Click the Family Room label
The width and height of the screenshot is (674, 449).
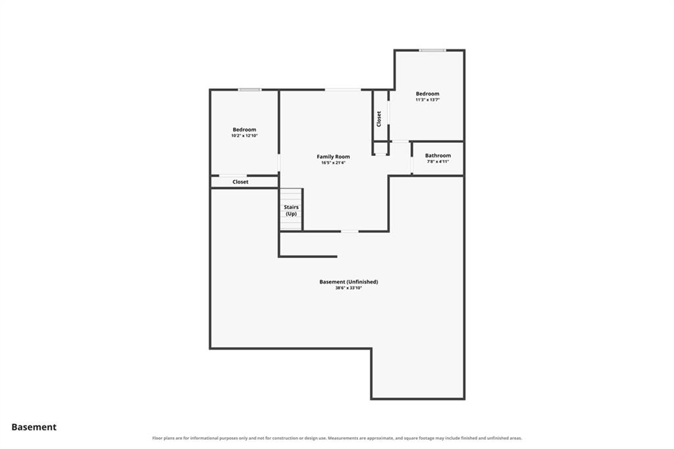point(333,157)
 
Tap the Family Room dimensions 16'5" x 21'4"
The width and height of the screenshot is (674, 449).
point(333,163)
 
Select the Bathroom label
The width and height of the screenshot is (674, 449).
point(438,155)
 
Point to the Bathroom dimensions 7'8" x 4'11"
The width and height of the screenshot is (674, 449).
point(438,162)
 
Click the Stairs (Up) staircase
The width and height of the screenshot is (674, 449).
point(291,210)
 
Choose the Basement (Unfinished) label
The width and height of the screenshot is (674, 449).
point(349,282)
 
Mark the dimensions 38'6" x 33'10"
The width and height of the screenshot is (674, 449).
point(349,288)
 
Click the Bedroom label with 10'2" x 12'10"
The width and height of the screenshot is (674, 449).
point(244,130)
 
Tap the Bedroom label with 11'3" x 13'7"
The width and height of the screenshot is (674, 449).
point(428,93)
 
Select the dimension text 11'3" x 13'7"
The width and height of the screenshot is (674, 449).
point(428,100)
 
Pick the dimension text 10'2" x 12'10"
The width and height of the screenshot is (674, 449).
point(244,136)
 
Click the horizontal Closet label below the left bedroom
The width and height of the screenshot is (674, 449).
point(240,182)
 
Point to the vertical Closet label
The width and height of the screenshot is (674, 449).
point(378,119)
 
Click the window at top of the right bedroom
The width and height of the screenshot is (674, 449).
point(432,50)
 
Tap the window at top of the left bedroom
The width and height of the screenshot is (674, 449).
point(249,90)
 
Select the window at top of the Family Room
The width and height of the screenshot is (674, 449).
point(342,90)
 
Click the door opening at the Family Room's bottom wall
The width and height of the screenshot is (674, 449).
point(350,231)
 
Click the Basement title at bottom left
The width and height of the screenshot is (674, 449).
point(34,427)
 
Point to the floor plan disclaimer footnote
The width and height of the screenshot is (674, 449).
point(337,438)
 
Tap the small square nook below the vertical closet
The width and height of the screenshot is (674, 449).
point(380,148)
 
